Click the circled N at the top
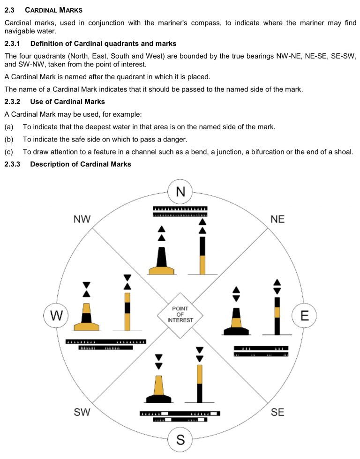pyautogui.click(x=180, y=192)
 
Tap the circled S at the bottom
pyautogui.click(x=180, y=440)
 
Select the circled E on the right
pyautogui.click(x=305, y=316)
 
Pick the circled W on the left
pyautogui.click(x=56, y=316)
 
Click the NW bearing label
pyautogui.click(x=82, y=219)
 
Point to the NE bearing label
pyautogui.click(x=277, y=219)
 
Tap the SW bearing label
pyautogui.click(x=82, y=412)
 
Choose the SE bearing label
pyautogui.click(x=277, y=412)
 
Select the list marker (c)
pyautogui.click(x=9, y=151)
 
